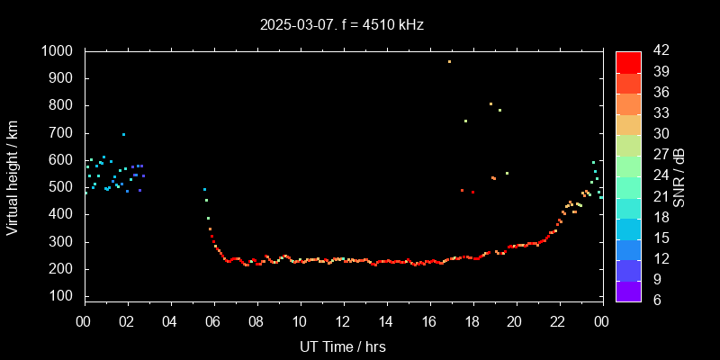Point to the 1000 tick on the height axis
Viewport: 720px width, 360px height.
[x=59, y=51]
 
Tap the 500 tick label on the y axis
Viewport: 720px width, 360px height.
[x=64, y=187]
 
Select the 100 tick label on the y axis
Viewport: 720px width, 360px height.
[x=64, y=296]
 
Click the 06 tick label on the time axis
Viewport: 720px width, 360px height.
[x=213, y=321]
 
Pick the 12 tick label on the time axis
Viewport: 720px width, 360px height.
[x=343, y=321]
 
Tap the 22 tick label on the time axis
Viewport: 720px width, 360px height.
[x=558, y=321]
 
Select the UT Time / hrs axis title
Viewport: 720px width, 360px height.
[x=343, y=346]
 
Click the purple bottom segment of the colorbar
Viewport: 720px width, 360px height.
[x=628, y=290]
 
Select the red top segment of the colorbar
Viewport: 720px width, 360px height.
[x=628, y=61]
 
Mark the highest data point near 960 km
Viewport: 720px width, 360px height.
[x=449, y=61]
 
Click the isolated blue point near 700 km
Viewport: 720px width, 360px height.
[x=123, y=134]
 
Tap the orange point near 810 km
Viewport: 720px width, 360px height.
[x=490, y=103]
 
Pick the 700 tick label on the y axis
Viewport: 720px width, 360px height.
[x=64, y=133]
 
